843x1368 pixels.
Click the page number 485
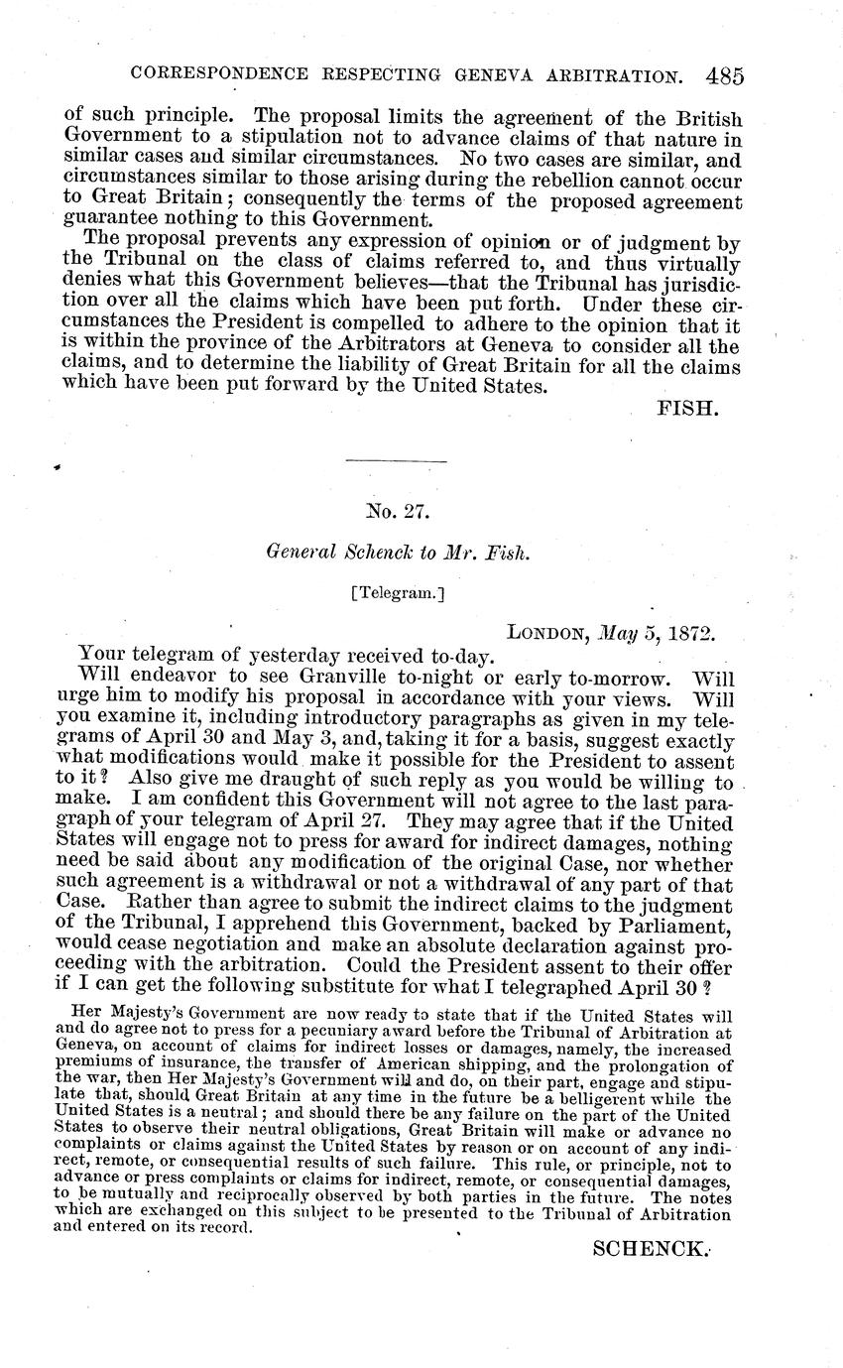pos(726,75)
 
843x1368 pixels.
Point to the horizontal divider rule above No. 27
pos(397,459)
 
